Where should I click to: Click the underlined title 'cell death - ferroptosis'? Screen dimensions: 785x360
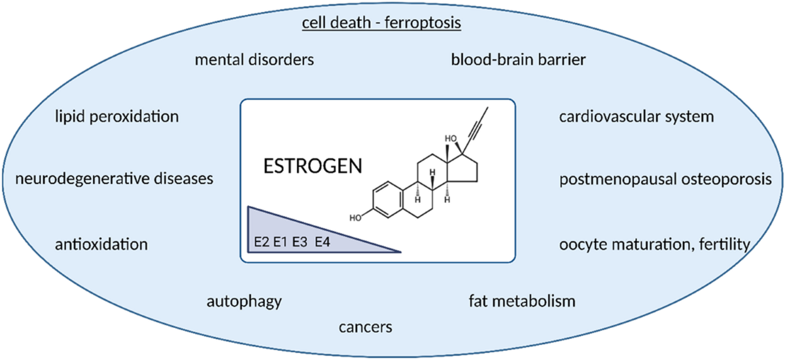(x=381, y=23)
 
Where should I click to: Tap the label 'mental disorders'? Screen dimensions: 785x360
(x=254, y=60)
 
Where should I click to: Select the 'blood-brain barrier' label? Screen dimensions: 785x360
(x=518, y=60)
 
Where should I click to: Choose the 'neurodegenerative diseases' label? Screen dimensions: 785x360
(x=114, y=179)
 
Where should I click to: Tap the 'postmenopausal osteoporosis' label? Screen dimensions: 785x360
(x=665, y=179)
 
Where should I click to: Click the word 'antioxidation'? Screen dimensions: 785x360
(x=101, y=244)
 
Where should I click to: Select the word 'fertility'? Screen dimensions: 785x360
(x=725, y=245)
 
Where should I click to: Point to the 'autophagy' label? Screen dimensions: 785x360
(x=244, y=302)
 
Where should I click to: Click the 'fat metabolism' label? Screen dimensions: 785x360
(x=522, y=301)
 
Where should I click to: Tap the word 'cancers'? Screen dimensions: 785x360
(x=366, y=327)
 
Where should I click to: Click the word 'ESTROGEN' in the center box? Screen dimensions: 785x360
(x=313, y=166)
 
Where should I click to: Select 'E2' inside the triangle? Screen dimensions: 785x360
(x=262, y=242)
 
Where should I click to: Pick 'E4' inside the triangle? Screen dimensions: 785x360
(x=323, y=242)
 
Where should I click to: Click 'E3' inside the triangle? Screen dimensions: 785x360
(x=300, y=242)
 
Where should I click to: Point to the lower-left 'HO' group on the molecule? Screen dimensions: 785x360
(x=355, y=218)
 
